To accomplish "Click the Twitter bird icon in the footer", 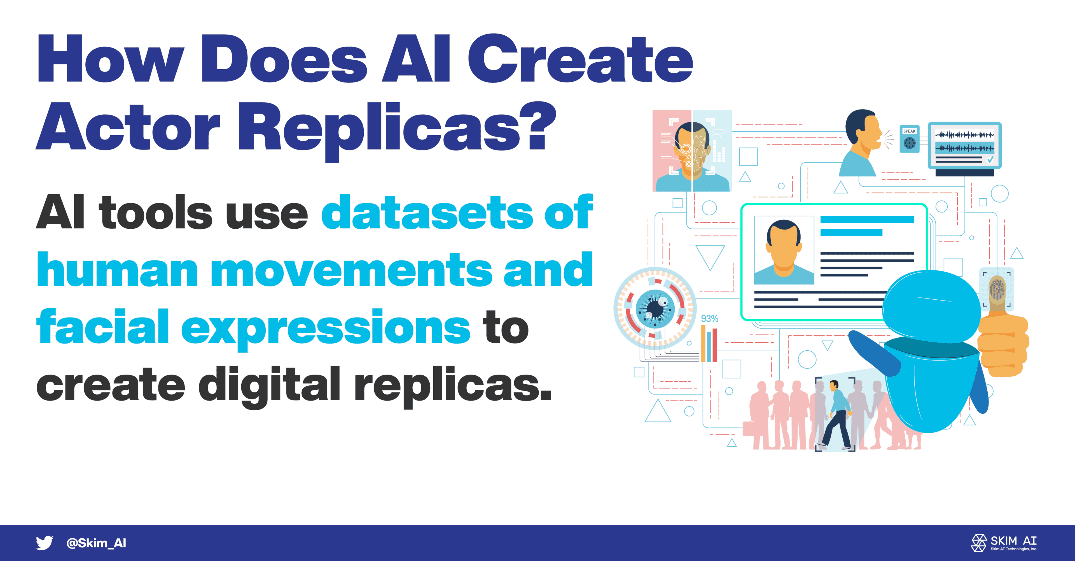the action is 44,543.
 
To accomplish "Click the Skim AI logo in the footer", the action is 1004,543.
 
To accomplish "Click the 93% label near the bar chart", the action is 709,319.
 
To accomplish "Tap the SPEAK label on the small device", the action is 909,131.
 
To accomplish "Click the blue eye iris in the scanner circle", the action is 655,309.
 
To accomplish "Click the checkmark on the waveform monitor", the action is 990,159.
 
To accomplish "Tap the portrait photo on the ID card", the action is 784,250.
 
